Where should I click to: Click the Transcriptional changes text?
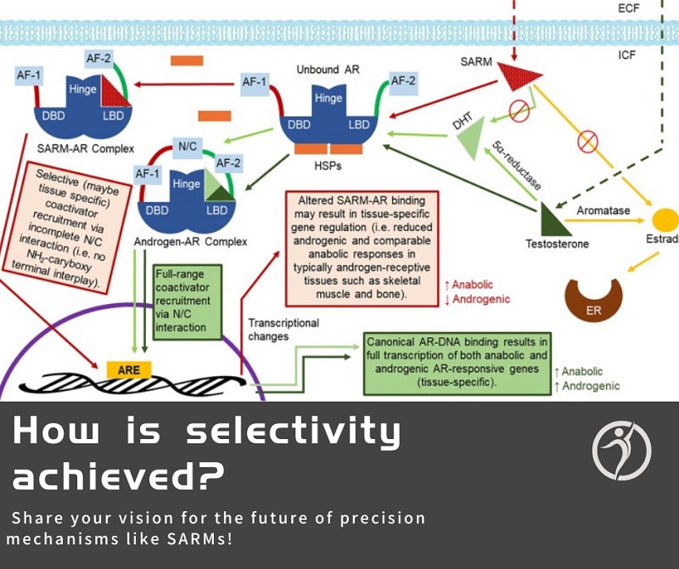point(283,330)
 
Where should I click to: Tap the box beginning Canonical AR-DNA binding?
point(457,363)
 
